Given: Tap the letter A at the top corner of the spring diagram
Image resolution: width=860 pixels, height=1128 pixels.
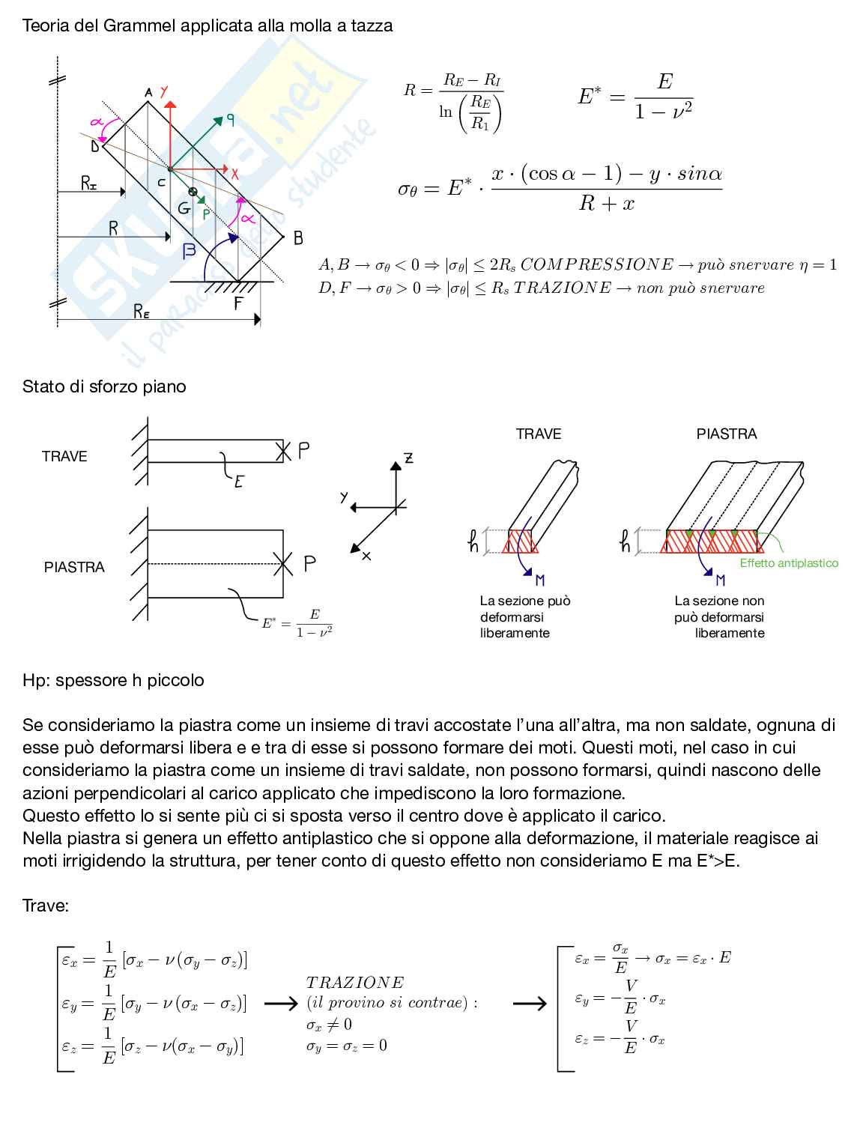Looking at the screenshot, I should [148, 93].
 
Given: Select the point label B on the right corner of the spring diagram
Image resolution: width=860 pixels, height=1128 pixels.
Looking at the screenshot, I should [298, 238].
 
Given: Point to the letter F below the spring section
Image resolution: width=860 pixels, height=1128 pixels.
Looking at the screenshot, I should [238, 303].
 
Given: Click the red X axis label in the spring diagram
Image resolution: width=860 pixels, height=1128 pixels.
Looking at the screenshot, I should [234, 174].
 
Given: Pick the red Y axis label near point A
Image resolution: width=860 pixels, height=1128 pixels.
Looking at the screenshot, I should [164, 92].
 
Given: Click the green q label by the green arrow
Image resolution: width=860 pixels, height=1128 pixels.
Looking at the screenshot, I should [230, 118].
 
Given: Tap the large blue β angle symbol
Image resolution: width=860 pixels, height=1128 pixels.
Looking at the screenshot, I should [190, 251].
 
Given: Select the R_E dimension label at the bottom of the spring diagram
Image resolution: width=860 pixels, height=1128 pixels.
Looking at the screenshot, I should [142, 312].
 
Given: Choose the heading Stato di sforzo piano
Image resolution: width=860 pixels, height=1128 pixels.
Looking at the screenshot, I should [104, 386].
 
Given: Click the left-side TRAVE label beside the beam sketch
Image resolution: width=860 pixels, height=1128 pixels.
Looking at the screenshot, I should [64, 456].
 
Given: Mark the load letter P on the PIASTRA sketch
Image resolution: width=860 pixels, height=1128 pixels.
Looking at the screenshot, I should [309, 564].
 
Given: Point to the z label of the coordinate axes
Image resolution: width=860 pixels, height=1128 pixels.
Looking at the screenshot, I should [409, 458].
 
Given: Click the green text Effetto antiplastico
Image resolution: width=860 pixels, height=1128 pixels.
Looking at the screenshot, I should [789, 563].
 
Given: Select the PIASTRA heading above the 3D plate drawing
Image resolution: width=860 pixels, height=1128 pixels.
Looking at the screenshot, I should [727, 434].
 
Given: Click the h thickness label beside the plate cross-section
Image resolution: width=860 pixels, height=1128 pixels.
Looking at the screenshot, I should [626, 541].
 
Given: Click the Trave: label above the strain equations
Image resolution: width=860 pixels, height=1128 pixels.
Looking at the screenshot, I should [46, 906].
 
